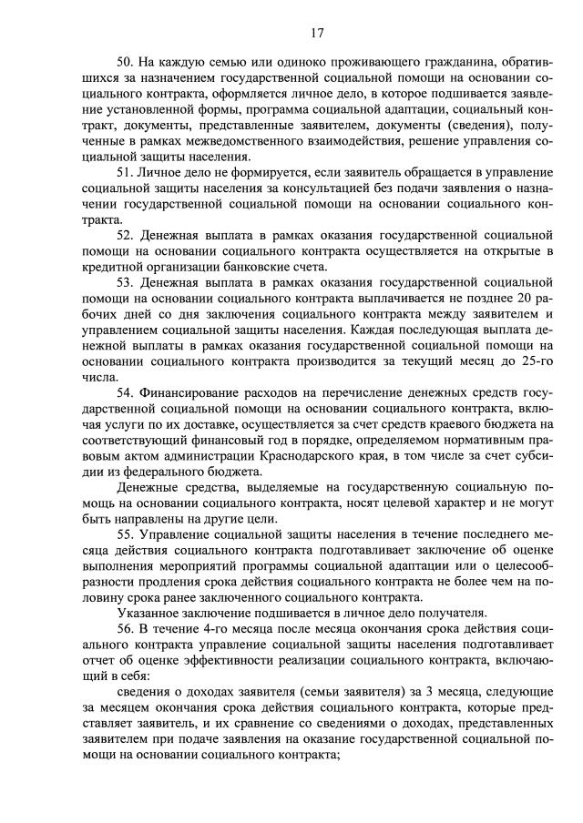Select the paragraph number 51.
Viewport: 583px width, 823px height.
tap(127, 172)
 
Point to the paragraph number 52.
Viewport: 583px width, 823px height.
tap(127, 235)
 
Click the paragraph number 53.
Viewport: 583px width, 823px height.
tap(127, 282)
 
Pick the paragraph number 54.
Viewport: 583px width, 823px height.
tap(127, 392)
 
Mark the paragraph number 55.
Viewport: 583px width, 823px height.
tap(127, 534)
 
